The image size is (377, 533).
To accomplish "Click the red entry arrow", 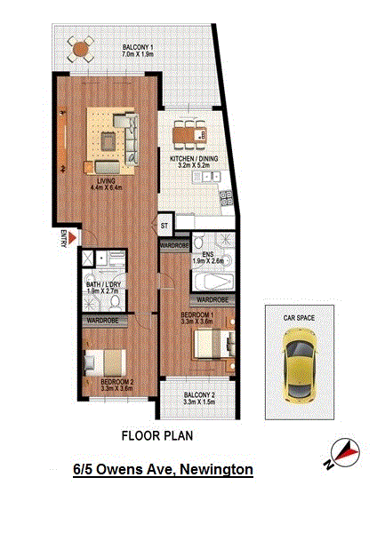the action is [x=72, y=238].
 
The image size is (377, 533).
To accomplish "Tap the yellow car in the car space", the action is [x=300, y=364].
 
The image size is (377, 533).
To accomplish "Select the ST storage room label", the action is [x=164, y=226].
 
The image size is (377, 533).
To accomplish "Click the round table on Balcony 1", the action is [x=81, y=49].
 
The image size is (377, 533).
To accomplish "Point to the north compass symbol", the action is [x=346, y=450].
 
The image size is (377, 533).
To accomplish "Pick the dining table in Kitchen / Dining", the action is [x=189, y=135].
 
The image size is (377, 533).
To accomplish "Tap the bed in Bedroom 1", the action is [x=214, y=343].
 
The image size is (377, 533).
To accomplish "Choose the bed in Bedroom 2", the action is [x=105, y=362].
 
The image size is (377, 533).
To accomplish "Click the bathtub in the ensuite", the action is [x=213, y=282].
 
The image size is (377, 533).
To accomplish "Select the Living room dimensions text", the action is [x=107, y=187].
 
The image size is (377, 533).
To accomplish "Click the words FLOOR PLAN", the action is [x=157, y=436].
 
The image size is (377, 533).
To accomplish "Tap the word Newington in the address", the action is [x=216, y=470].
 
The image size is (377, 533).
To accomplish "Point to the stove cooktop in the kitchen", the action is [x=226, y=198].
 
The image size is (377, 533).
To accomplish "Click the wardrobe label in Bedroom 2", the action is [x=102, y=321].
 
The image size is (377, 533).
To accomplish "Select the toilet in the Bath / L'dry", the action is [x=116, y=303].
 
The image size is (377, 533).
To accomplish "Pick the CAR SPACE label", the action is [x=299, y=318].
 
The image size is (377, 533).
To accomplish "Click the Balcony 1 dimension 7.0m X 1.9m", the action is [x=138, y=54].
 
